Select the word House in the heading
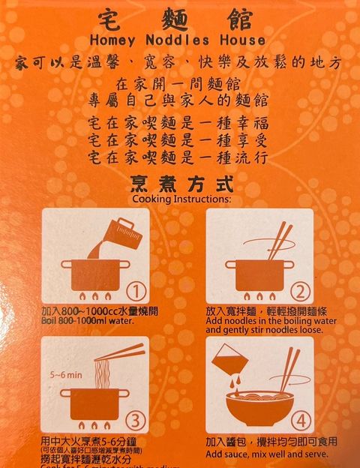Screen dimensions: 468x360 (x=241, y=40)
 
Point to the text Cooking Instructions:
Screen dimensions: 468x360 (x=181, y=199)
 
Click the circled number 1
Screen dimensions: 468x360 (x=134, y=291)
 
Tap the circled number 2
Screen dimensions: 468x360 (x=299, y=291)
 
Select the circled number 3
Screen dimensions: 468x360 (x=134, y=418)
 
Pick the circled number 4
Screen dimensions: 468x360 (x=299, y=418)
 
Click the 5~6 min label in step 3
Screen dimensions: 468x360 (x=66, y=373)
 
